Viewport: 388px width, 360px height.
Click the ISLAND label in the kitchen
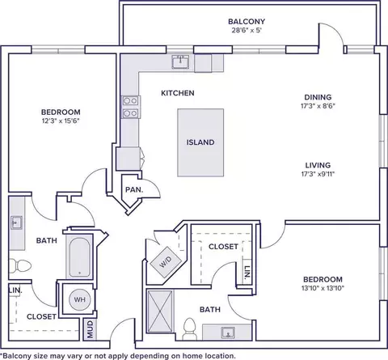tap(200, 142)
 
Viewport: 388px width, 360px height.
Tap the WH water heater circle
tap(79, 299)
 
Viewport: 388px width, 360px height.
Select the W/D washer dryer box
tap(166, 261)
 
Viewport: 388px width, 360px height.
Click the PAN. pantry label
tap(134, 189)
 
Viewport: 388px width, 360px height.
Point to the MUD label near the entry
tap(91, 329)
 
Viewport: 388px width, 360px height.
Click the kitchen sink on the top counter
tap(180, 61)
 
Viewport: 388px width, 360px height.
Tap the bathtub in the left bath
tap(79, 257)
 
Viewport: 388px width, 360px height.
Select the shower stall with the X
tap(160, 311)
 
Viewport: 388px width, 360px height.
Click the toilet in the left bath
tap(20, 265)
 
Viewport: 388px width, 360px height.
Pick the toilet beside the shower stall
tap(189, 328)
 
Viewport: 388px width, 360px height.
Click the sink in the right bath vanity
tap(228, 332)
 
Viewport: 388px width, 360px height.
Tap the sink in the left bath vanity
tap(16, 222)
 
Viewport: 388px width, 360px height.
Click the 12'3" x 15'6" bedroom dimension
tap(61, 121)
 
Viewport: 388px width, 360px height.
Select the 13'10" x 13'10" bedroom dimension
tap(323, 288)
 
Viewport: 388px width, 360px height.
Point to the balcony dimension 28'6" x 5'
tap(247, 30)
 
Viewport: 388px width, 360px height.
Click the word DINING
tap(318, 97)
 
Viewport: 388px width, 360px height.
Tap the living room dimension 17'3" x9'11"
tap(318, 174)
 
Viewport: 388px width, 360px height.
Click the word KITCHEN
tap(178, 93)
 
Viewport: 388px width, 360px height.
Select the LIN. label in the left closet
tap(15, 290)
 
